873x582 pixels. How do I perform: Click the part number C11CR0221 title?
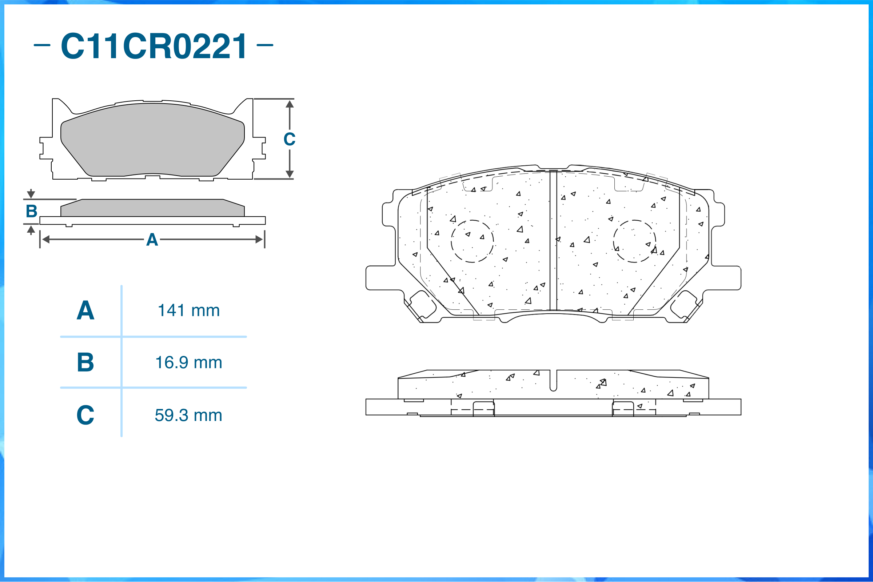coord(153,46)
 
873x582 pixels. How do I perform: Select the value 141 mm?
coord(189,310)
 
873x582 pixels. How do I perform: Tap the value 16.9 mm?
coord(189,362)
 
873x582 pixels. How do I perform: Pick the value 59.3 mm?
coord(189,415)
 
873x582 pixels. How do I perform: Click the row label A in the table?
coord(85,310)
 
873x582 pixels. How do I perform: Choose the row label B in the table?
coord(85,362)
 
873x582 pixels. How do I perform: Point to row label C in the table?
coord(85,415)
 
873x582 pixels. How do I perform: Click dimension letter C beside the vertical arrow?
coord(289,139)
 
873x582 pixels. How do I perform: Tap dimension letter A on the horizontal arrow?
coord(152,240)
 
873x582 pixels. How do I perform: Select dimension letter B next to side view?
coord(32,211)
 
